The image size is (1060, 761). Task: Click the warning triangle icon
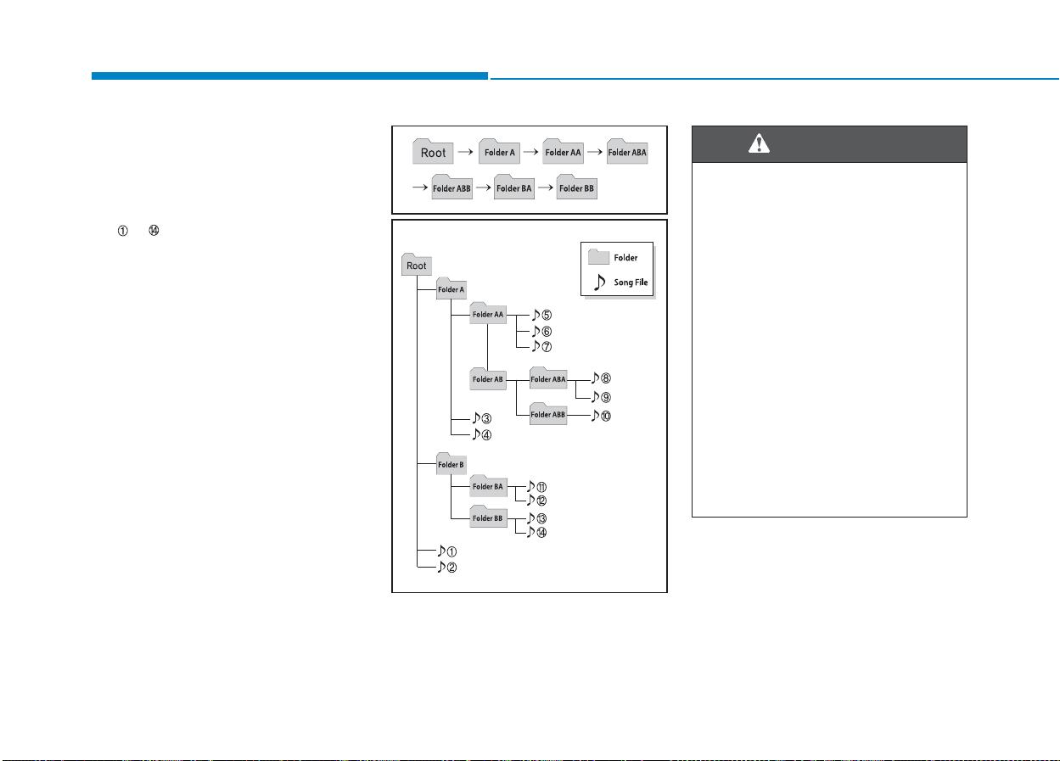point(759,143)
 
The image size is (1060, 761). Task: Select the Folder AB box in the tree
point(487,378)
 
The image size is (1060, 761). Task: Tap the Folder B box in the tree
point(451,463)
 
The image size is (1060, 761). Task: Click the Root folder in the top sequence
point(433,151)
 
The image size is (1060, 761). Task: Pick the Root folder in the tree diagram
point(417,265)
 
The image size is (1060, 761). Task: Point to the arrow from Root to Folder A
point(466,152)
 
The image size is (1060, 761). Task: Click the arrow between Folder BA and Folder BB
point(545,187)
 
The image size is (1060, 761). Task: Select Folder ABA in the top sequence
point(627,151)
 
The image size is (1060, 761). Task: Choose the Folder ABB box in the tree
point(548,414)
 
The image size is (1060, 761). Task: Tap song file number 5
point(541,315)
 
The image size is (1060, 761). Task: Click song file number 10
point(601,416)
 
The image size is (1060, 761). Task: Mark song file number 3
point(482,418)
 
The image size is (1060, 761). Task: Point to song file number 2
point(447,567)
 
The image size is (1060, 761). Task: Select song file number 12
point(537,500)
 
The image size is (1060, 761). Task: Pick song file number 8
point(601,378)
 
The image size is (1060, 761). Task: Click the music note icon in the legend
point(599,282)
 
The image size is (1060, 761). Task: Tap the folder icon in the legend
point(598,256)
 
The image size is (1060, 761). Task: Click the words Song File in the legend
point(631,283)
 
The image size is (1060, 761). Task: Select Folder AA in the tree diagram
point(488,313)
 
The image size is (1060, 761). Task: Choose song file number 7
point(541,347)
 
